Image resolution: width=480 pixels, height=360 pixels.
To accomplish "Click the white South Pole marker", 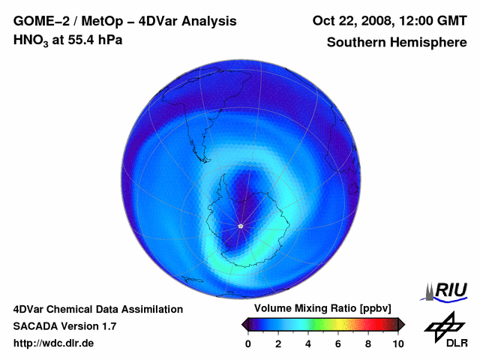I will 240,226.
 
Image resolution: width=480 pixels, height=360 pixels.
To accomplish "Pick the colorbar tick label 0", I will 248,343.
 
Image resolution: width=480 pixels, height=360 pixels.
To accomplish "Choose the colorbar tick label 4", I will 308,343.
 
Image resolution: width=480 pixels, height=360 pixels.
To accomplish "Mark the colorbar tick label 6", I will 338,343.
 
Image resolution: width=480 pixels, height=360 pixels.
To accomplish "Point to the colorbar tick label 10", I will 397,343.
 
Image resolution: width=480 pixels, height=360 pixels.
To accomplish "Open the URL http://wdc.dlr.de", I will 54,343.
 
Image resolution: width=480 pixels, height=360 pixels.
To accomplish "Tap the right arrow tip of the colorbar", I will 402,324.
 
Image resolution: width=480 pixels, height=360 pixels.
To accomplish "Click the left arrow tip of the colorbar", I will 244,324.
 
